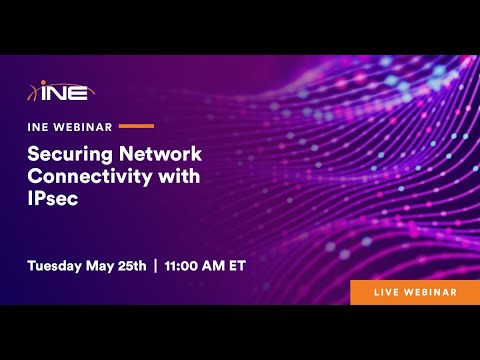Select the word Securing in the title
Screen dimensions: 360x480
pyautogui.click(x=71, y=154)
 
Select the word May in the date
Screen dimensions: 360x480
pyautogui.click(x=107, y=266)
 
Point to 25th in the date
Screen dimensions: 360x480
pyautogui.click(x=135, y=266)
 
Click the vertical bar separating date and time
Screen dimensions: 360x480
pyautogui.click(x=155, y=266)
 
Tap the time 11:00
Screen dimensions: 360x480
pyautogui.click(x=183, y=266)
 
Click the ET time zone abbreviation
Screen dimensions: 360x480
pyautogui.click(x=238, y=266)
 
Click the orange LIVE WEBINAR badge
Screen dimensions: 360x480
pyautogui.click(x=413, y=291)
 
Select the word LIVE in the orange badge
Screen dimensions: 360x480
pyautogui.click(x=386, y=291)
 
